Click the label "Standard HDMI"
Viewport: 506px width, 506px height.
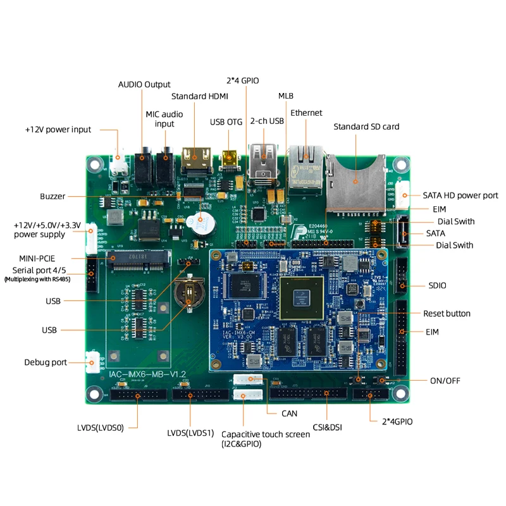(199, 96)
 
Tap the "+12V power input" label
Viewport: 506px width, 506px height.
(58, 130)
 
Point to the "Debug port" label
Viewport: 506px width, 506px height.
(46, 362)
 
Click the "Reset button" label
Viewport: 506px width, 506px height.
(447, 314)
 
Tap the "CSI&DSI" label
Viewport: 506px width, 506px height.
(327, 428)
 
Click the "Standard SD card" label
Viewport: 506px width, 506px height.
(366, 126)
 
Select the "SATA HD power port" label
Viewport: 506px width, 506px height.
(460, 195)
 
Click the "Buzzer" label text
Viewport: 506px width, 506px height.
(52, 197)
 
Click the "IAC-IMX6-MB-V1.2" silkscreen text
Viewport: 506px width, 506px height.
(147, 374)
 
